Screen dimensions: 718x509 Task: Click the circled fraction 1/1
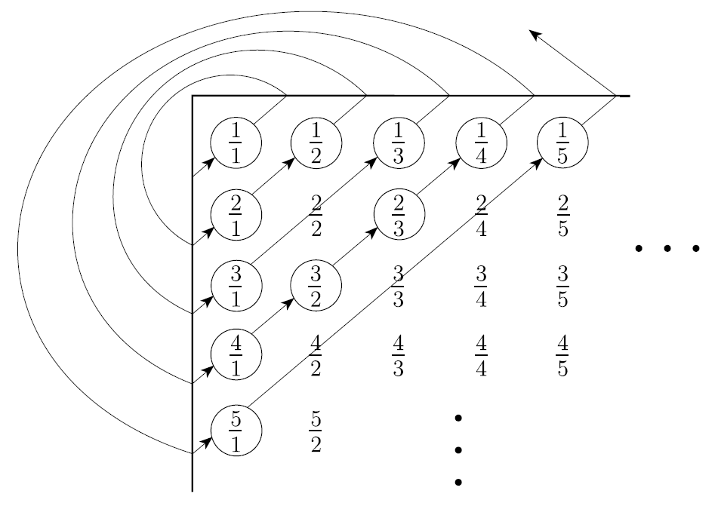236,142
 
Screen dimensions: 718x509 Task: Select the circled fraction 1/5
562,142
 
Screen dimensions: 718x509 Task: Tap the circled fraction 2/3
399,214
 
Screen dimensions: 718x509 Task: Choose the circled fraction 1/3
399,142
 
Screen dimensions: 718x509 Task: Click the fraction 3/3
399,286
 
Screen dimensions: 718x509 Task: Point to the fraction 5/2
316,431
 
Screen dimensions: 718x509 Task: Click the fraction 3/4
481,286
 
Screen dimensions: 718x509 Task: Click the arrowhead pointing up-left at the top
535,34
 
